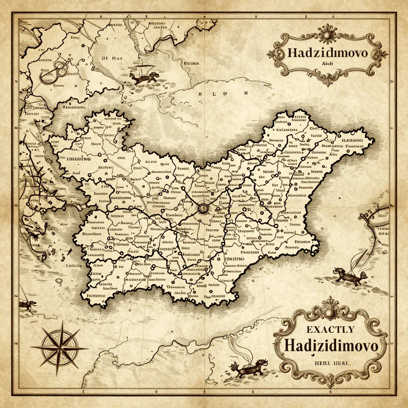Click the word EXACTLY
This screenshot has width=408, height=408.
(330, 329)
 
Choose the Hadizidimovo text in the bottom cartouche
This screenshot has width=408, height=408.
(331, 345)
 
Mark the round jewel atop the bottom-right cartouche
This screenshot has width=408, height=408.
(330, 314)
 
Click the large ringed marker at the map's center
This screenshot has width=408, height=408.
(203, 208)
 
